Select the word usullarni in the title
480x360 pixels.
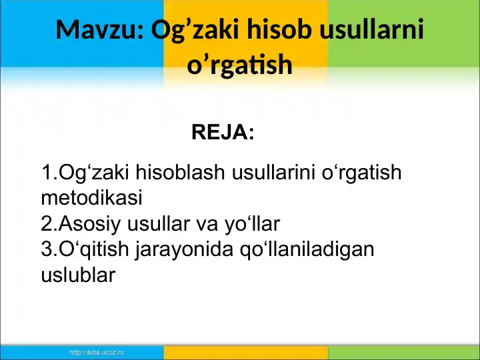tap(371, 29)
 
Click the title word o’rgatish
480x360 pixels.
tap(240, 65)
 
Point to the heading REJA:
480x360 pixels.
tap(223, 132)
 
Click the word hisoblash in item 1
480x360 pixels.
tap(180, 172)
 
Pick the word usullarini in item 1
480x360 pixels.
tap(274, 172)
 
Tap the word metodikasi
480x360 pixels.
tap(91, 198)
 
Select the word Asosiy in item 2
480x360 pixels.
tap(90, 225)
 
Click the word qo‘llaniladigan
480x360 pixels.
tap(307, 250)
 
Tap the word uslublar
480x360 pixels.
tap(79, 275)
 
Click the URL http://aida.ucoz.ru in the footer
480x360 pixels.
tap(97, 353)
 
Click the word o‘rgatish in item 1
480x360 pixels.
tap(361, 173)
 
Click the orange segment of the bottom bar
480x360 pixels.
tap(246, 353)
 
